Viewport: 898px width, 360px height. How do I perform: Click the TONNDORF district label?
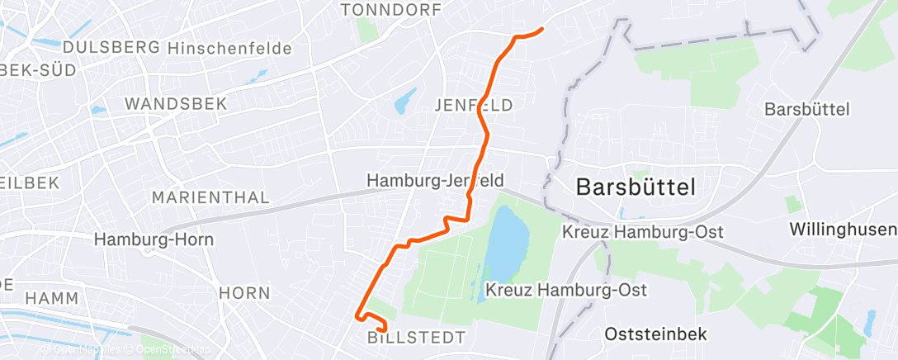pyautogui.click(x=390, y=9)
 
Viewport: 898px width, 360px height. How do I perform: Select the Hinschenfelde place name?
pyautogui.click(x=229, y=49)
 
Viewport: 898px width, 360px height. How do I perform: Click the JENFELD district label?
pyautogui.click(x=473, y=105)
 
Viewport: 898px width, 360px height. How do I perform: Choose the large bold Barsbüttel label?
pyautogui.click(x=636, y=186)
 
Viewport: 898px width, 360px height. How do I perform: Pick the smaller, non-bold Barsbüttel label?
pyautogui.click(x=806, y=109)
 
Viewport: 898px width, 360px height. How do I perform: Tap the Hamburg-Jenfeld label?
pyautogui.click(x=435, y=180)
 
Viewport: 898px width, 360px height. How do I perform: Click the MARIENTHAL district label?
pyautogui.click(x=211, y=198)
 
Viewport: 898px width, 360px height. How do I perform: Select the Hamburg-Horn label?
pyautogui.click(x=154, y=239)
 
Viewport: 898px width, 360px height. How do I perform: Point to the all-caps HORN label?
pyautogui.click(x=244, y=293)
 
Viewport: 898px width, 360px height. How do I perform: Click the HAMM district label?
pyautogui.click(x=51, y=298)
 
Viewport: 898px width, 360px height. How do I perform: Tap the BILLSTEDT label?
pyautogui.click(x=416, y=338)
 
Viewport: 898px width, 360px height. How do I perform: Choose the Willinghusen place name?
pyautogui.click(x=842, y=229)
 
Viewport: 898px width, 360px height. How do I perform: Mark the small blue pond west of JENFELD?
pyautogui.click(x=405, y=103)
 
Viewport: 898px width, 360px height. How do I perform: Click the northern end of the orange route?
pyautogui.click(x=541, y=30)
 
